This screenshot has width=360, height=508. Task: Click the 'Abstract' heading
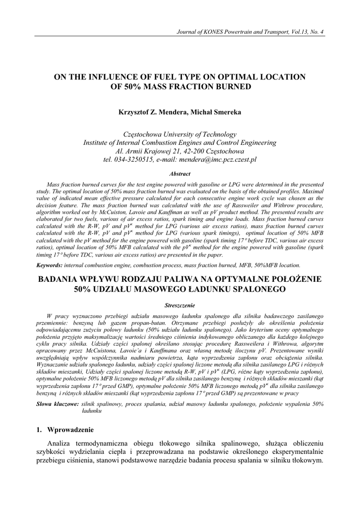(180, 174)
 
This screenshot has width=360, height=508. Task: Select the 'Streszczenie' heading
(180, 305)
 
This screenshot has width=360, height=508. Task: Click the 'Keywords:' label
(50, 265)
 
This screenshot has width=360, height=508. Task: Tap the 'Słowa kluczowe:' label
(57, 404)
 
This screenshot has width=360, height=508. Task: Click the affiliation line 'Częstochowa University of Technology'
(180, 134)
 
